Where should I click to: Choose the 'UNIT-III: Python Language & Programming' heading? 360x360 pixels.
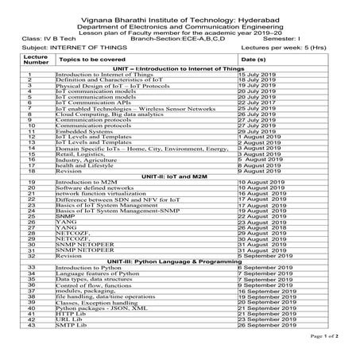[180, 261]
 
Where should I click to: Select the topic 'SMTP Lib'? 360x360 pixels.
[70, 324]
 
